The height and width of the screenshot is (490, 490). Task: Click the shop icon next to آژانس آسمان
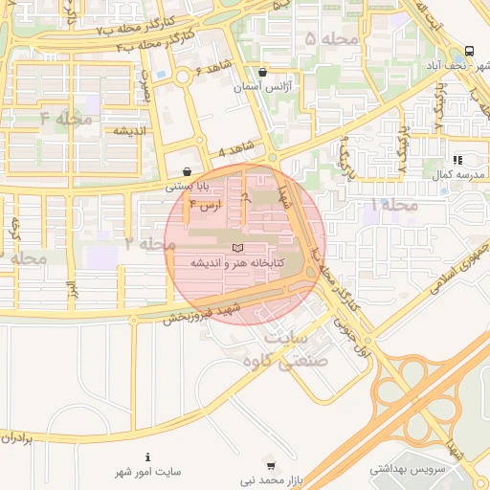tap(263, 72)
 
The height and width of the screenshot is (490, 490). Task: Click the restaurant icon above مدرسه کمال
tap(457, 160)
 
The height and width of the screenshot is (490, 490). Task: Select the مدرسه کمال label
tap(453, 175)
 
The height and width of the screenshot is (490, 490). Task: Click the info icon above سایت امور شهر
tap(147, 457)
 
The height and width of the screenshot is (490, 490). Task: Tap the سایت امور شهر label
tap(148, 473)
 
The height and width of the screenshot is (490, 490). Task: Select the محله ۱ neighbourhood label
tap(394, 206)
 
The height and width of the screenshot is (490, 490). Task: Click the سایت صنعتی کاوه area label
tap(286, 350)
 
